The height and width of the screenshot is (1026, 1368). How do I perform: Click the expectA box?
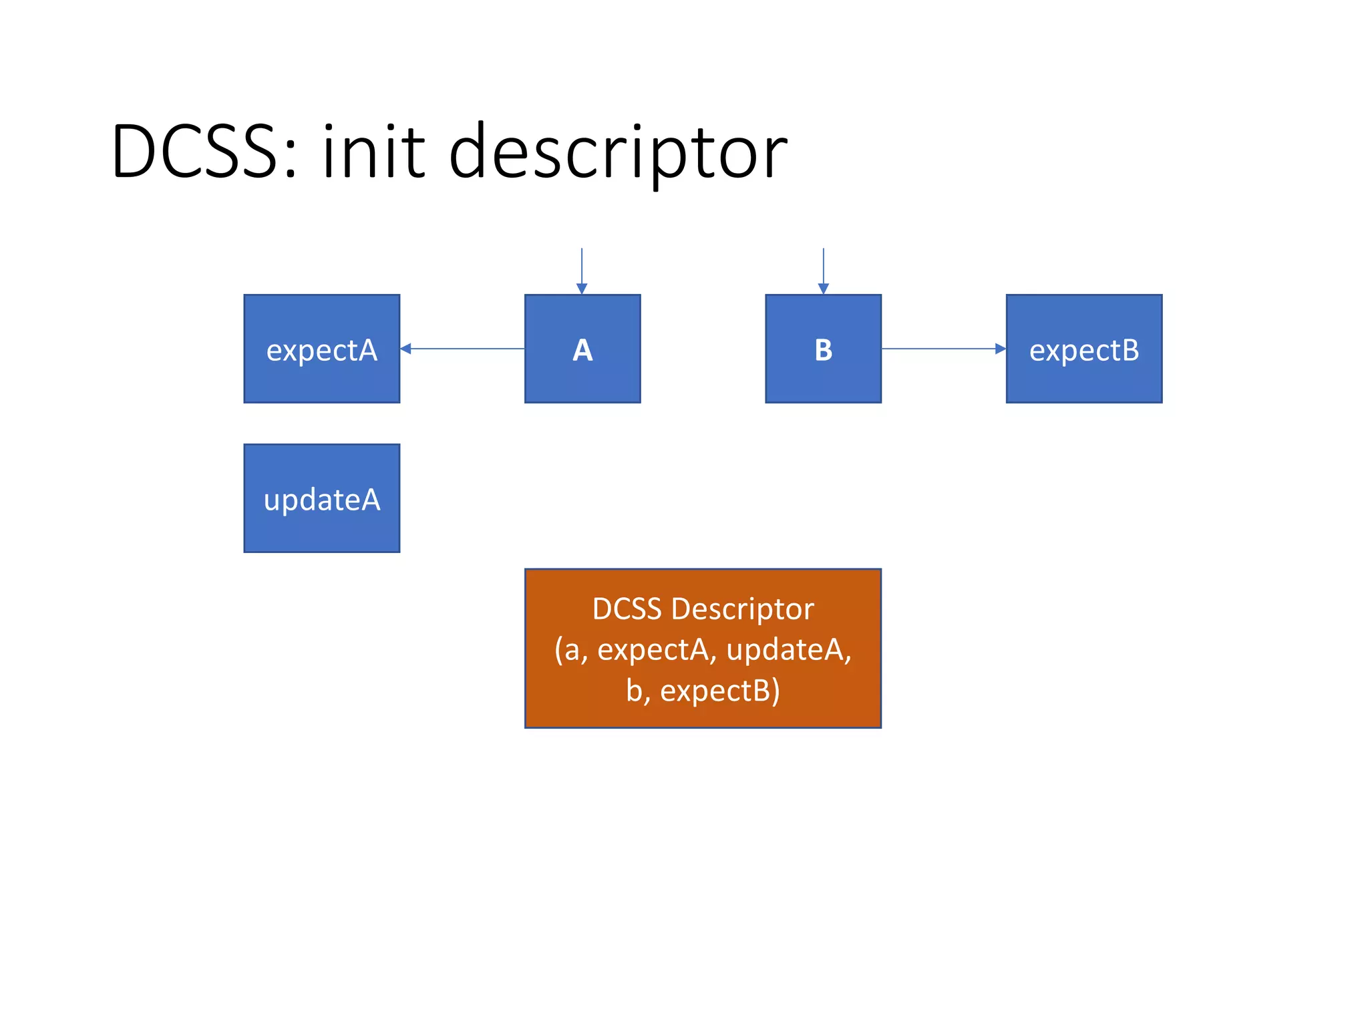(321, 349)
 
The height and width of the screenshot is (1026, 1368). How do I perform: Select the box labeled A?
(582, 349)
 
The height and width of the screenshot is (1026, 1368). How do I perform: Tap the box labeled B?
(823, 349)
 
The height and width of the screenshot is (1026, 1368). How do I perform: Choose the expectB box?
(1083, 349)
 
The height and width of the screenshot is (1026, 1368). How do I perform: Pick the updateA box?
(321, 498)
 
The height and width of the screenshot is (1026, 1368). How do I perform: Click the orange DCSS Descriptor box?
(703, 648)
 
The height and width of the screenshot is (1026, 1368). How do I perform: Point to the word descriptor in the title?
(618, 152)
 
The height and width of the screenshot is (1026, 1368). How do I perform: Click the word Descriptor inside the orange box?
(742, 609)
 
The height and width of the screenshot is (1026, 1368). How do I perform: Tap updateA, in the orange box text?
(788, 650)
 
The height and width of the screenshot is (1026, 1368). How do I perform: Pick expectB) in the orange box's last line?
(720, 691)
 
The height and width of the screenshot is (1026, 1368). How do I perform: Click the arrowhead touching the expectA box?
(405, 349)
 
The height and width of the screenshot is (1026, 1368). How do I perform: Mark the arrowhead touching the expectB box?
(1001, 349)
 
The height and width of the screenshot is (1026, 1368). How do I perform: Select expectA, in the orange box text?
(657, 650)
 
